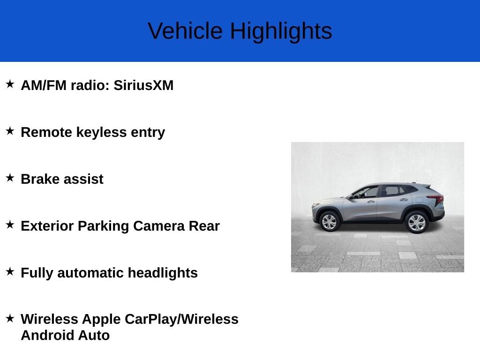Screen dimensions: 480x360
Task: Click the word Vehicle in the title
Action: tap(185, 31)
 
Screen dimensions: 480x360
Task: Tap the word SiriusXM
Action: tap(143, 85)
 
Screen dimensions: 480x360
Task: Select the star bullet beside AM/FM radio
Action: tap(10, 84)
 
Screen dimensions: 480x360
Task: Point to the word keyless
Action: tap(101, 133)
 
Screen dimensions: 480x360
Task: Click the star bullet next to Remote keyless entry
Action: tap(10, 131)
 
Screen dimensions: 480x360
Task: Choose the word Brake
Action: tap(40, 179)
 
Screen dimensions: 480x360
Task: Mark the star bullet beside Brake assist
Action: tap(10, 178)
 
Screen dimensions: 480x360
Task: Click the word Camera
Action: tap(159, 226)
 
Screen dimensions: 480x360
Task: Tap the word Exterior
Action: tap(47, 226)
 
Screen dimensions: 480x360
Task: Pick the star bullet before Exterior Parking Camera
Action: tap(10, 225)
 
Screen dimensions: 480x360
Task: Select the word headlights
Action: tap(163, 273)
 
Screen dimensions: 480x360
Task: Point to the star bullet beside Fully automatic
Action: tap(10, 271)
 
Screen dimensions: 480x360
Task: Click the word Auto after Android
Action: tap(94, 335)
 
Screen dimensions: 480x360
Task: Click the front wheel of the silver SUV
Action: tap(330, 221)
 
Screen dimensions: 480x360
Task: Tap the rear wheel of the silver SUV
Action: tap(417, 222)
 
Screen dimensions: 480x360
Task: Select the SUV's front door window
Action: tap(366, 193)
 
